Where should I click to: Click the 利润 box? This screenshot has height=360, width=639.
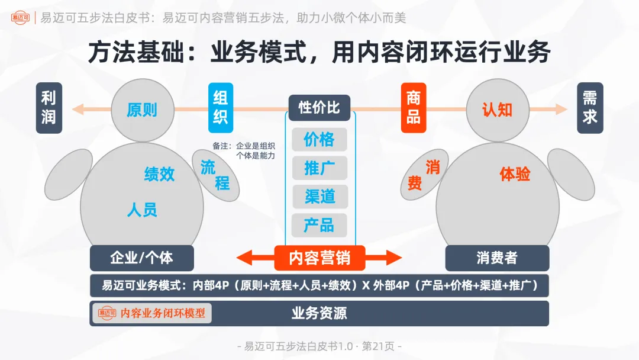pos(49,108)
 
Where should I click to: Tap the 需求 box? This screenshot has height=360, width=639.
pos(590,108)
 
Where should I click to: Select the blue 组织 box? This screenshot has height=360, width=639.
pos(220,108)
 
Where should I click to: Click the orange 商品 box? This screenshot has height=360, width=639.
pos(413,108)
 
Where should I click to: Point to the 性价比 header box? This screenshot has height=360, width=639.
pos(319,108)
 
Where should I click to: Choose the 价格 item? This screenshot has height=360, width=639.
pos(319,140)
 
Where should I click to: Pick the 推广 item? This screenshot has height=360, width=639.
pos(319,168)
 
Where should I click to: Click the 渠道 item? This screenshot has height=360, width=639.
pos(319,197)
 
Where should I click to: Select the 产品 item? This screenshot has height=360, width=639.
pos(319,225)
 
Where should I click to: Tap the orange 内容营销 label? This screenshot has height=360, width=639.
pos(319,258)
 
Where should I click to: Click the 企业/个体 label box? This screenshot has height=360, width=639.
pos(142,258)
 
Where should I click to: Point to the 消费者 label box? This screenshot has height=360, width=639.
pos(497,258)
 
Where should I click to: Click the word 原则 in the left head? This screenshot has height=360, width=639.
pos(142,110)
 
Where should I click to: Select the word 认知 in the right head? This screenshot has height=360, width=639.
pos(497,110)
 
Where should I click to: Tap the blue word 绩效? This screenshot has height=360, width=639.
pos(160,174)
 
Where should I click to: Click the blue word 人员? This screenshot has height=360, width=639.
pos(142,210)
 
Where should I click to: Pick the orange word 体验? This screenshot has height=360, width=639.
pos(515,174)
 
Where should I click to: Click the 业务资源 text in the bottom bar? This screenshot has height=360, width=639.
pos(319,313)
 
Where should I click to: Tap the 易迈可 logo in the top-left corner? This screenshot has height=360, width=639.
pos(20,18)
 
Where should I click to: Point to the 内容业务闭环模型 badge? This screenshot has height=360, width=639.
pos(151,313)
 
